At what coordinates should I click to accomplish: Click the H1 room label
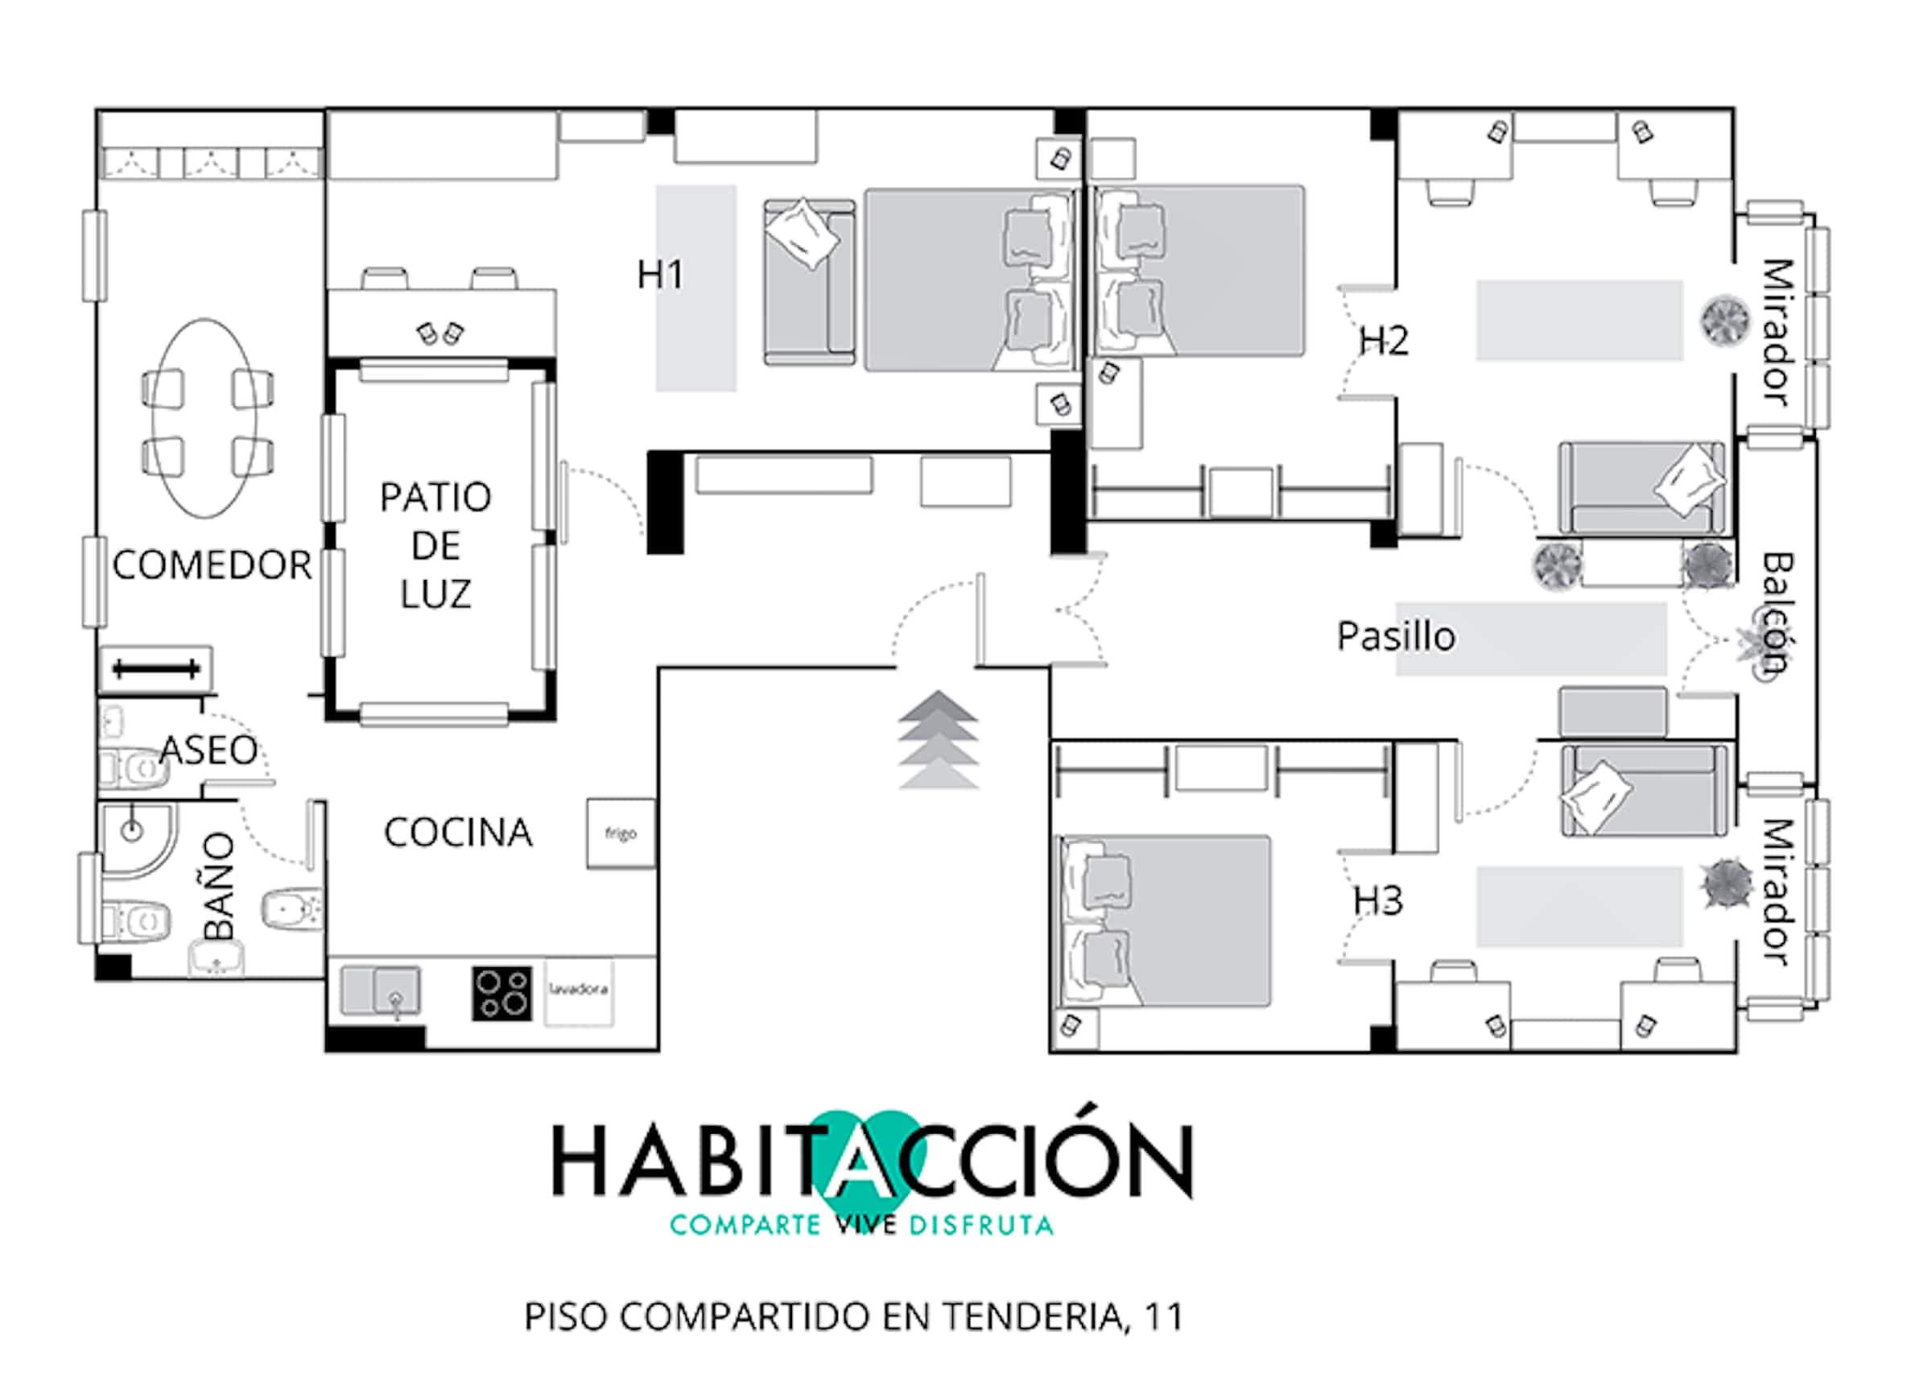(x=660, y=275)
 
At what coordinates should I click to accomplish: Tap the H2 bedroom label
(x=1384, y=341)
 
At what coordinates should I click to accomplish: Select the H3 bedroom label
(x=1378, y=900)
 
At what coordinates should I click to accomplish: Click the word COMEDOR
(x=212, y=565)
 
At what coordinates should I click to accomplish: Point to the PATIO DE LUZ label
(x=436, y=545)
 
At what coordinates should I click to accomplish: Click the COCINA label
(x=458, y=833)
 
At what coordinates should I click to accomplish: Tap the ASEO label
(x=208, y=750)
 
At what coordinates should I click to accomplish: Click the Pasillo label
(x=1396, y=635)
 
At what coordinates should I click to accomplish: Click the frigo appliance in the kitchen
(x=621, y=834)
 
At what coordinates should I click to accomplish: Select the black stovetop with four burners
(x=502, y=994)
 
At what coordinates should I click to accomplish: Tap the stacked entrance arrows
(x=938, y=739)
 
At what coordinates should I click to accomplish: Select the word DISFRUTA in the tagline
(x=981, y=1226)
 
